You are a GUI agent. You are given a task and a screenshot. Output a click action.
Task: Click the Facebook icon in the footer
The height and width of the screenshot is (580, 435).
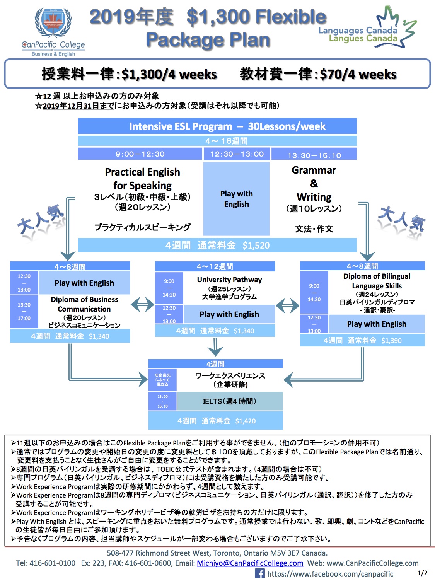click(x=259, y=574)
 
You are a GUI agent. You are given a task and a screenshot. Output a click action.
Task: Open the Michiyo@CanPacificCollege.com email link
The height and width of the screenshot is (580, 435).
click(x=250, y=563)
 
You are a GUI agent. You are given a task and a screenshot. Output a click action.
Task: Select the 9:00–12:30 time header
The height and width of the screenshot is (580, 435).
click(x=140, y=154)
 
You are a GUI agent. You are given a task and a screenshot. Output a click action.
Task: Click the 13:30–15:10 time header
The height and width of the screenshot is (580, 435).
click(x=314, y=155)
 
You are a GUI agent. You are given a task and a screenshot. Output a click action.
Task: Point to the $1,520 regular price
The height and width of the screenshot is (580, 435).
click(x=256, y=246)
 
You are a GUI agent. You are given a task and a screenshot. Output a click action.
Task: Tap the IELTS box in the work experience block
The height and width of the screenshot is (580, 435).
click(x=230, y=401)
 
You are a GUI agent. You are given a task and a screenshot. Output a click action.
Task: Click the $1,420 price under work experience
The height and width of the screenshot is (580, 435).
click(x=246, y=421)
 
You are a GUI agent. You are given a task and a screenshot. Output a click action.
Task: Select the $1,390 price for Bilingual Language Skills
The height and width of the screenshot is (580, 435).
click(x=391, y=340)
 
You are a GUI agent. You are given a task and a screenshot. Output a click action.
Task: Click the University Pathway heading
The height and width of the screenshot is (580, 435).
click(x=229, y=280)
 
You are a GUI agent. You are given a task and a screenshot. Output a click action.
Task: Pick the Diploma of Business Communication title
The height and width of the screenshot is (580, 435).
click(x=84, y=304)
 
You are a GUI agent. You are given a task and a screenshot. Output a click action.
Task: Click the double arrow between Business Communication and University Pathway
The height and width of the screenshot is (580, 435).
click(x=142, y=305)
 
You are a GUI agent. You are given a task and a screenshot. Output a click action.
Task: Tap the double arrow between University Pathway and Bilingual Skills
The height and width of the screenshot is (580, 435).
click(x=287, y=305)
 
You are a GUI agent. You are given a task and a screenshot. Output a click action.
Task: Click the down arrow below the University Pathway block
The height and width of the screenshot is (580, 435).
click(x=215, y=347)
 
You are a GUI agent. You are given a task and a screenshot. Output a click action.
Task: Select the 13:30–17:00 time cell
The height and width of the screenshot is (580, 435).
click(x=24, y=312)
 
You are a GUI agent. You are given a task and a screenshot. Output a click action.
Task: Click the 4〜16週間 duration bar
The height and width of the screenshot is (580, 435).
click(x=217, y=141)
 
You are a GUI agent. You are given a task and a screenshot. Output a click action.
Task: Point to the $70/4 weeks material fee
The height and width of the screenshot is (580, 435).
click(x=358, y=74)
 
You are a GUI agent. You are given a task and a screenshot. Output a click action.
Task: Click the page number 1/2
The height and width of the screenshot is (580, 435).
click(x=422, y=573)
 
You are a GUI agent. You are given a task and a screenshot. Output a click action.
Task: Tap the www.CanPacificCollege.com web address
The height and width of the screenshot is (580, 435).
click(x=372, y=563)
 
